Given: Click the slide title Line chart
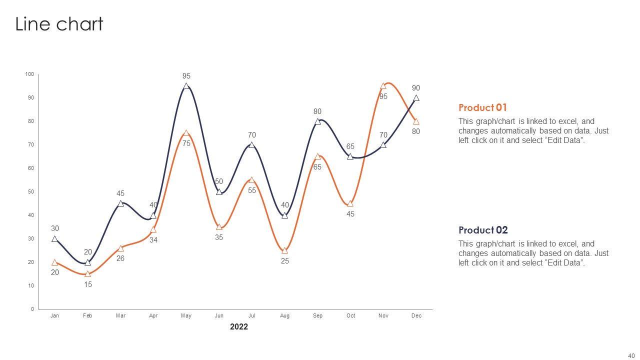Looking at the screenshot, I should (x=59, y=24).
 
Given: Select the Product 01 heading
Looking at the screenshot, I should (x=482, y=107).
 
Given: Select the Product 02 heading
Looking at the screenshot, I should (x=483, y=230).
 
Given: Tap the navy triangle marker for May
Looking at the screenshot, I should (x=186, y=86).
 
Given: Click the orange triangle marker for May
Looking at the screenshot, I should (x=186, y=133).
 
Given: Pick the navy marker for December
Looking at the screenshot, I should (x=416, y=98).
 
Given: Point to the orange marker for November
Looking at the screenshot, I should (x=383, y=86).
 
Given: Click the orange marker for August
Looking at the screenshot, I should (x=285, y=250).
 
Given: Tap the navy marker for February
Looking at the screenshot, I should (x=88, y=262).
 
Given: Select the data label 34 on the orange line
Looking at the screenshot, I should (x=153, y=240).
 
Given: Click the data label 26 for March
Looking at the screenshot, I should (x=120, y=258).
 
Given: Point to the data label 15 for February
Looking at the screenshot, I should (x=88, y=284).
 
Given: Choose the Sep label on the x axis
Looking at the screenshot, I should (x=318, y=315).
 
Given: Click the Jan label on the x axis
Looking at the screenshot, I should (x=55, y=315).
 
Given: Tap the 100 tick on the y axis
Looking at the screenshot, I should (x=30, y=74).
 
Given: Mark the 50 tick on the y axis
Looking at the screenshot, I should (x=31, y=192).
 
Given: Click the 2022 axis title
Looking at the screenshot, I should (x=239, y=327).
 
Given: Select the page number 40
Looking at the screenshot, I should (x=631, y=355).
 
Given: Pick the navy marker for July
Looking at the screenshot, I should (x=252, y=145).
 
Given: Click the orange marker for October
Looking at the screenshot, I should (x=350, y=203).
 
